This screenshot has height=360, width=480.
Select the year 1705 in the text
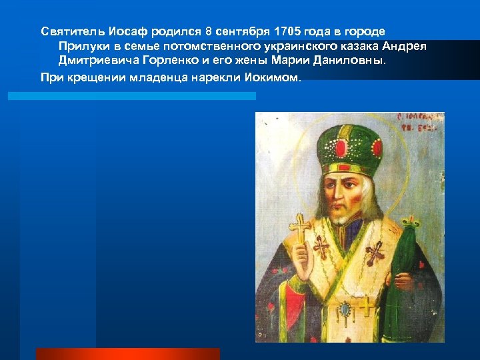(x=286, y=32)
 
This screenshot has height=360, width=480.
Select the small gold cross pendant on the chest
(x=366, y=306)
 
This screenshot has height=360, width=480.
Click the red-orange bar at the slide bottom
(x=127, y=354)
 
